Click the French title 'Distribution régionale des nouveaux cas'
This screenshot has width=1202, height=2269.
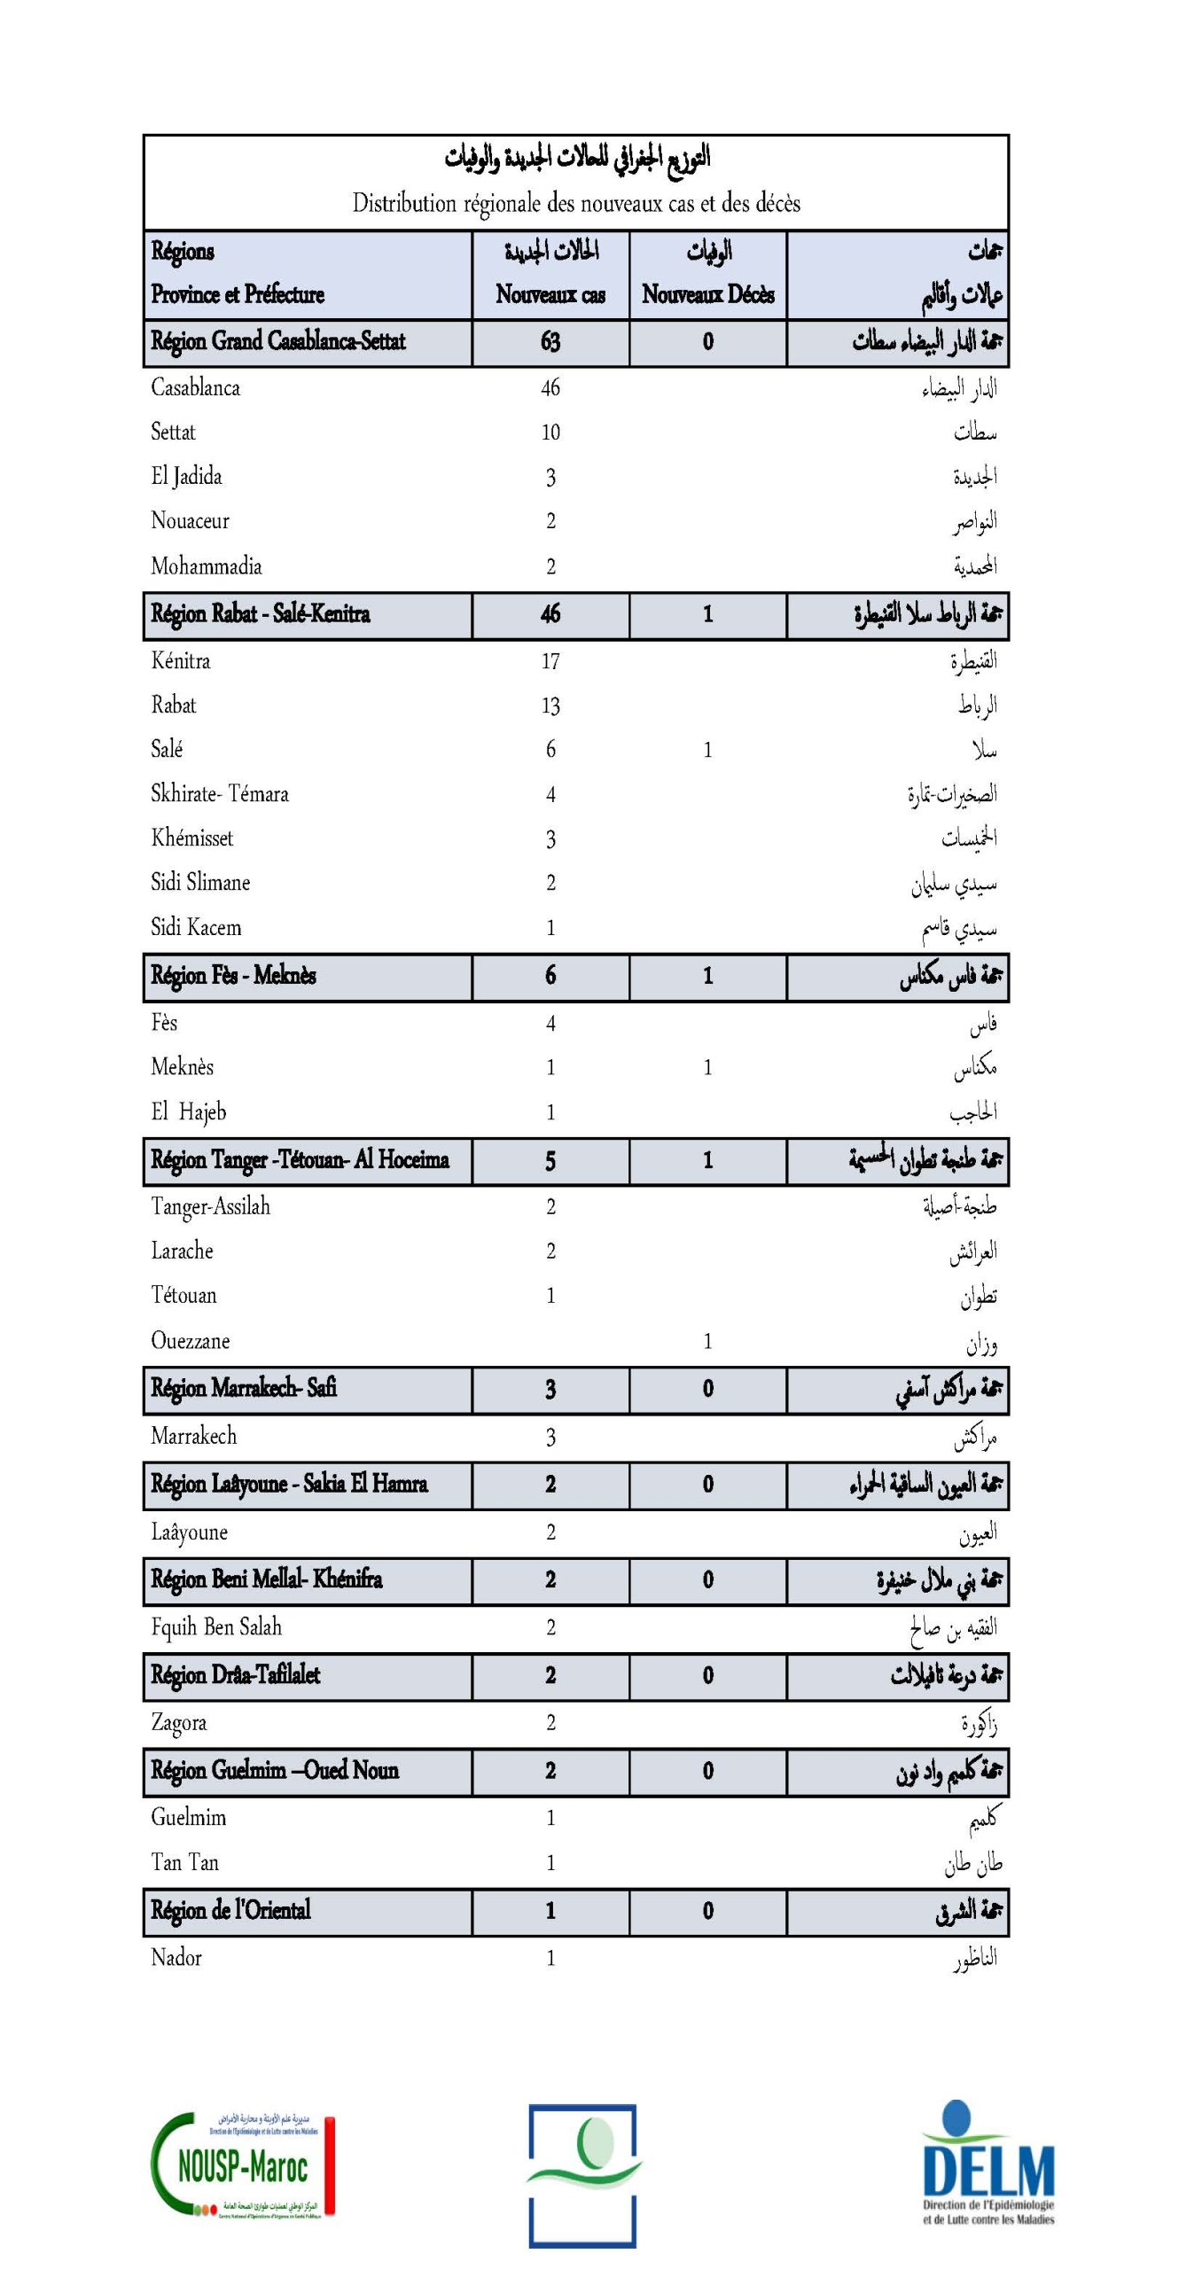575,203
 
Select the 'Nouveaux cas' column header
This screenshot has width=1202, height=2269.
550,294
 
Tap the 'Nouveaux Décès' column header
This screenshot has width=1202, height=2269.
707,294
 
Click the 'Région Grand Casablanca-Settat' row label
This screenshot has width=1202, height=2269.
277,341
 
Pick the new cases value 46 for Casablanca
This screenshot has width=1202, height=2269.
550,387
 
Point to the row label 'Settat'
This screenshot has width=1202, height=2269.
173,433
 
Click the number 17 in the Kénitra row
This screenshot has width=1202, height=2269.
550,661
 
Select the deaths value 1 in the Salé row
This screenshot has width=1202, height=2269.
707,750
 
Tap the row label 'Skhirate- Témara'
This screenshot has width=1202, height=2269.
220,794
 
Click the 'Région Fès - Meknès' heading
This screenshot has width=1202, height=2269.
233,976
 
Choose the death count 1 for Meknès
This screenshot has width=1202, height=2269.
707,1067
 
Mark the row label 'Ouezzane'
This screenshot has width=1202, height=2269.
190,1340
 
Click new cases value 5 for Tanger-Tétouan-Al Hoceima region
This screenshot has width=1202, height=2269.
550,1160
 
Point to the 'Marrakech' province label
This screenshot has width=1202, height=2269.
193,1436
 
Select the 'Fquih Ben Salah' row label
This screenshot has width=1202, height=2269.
216,1627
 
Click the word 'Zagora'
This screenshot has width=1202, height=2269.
178,1723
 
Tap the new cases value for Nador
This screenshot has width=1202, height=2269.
550,1958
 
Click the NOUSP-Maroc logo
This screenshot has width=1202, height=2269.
242,2166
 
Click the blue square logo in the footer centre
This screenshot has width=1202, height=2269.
582,2175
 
